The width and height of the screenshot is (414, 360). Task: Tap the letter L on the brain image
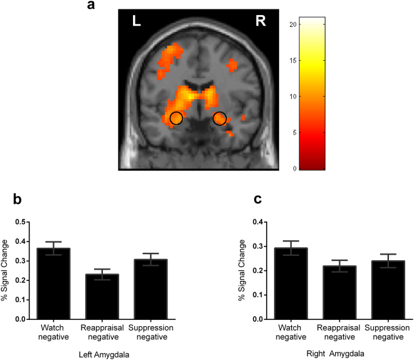coord(135,22)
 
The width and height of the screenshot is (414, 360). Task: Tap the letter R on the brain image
coord(260,22)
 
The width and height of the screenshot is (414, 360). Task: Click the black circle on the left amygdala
coord(176,118)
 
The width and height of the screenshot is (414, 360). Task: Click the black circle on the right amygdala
coord(220,117)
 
